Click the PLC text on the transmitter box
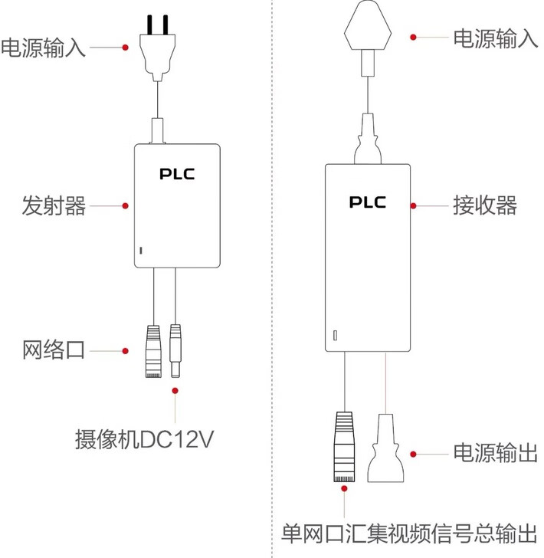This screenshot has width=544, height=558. point(177,173)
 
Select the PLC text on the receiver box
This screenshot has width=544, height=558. point(368,202)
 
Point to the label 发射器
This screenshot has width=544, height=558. point(54,205)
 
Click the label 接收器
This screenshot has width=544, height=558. point(485,205)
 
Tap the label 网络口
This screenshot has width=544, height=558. point(53,351)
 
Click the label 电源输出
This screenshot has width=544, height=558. point(495,453)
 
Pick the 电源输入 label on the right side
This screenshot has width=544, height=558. point(496,37)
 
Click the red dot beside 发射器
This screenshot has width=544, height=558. point(125,205)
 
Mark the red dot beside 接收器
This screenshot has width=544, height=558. point(413,205)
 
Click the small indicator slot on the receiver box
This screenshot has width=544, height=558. point(335,336)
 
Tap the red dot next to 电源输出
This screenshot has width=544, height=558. point(413,454)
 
